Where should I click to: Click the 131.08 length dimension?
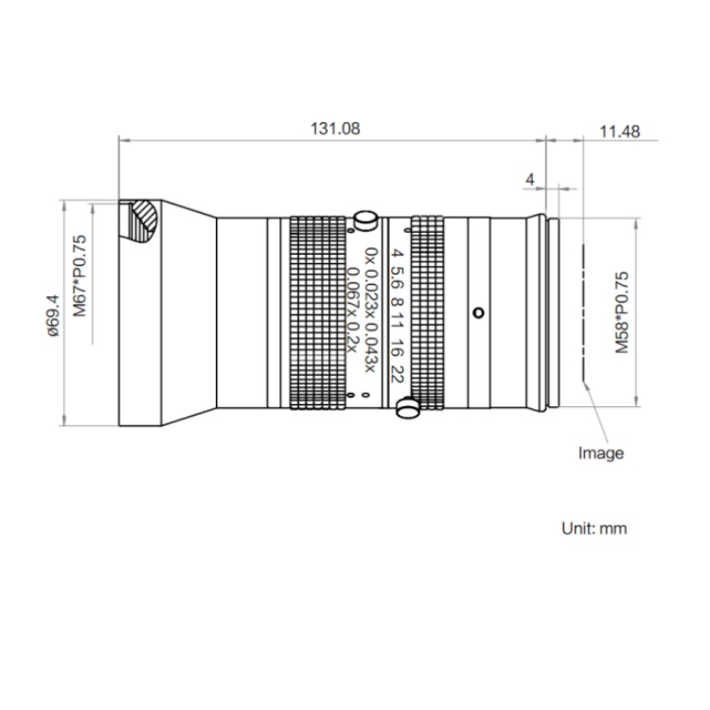335,129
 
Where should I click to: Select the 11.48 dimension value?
619,132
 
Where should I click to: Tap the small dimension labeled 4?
530,180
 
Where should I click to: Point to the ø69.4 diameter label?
53,315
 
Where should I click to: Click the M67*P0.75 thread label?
80,275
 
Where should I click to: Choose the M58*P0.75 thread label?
622,312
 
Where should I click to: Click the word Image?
601,453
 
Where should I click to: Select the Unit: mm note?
595,528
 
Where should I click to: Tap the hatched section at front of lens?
142,221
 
